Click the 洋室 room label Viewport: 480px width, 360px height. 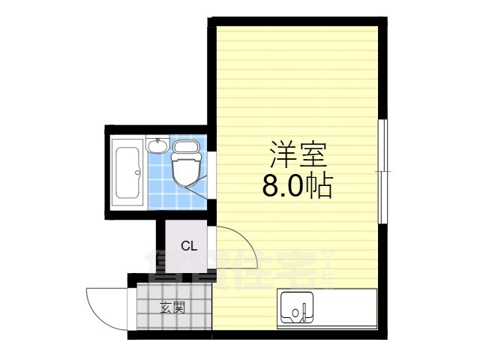[298, 155]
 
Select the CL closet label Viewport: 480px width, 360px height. [188, 245]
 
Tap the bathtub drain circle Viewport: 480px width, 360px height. [137, 173]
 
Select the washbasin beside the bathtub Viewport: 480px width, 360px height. [157, 146]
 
